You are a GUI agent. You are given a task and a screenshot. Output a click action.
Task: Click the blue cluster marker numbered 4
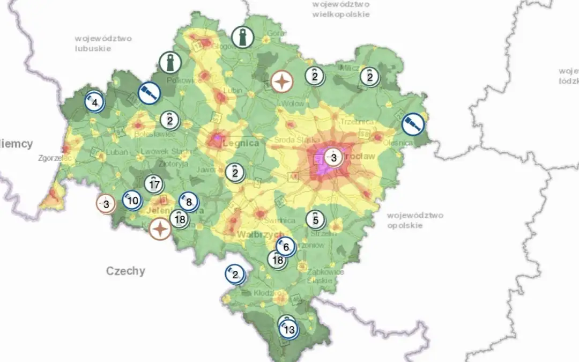point(94,102)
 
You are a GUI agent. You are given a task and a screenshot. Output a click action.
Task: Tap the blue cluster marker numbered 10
point(132,201)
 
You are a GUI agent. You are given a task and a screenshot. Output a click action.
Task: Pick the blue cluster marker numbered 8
point(188,202)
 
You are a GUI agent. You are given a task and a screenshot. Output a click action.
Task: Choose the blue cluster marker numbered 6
point(286,247)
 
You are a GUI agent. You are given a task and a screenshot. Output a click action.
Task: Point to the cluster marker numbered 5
point(315,219)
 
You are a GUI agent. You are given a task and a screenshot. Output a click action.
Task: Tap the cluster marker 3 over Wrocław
point(333,158)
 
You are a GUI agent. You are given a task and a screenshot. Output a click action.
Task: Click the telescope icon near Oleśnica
point(413,124)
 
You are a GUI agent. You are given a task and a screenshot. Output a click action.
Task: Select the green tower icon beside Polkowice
point(170,62)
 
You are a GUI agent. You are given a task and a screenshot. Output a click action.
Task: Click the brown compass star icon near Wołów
point(282,82)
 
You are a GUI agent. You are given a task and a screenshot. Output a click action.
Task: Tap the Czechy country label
point(125,270)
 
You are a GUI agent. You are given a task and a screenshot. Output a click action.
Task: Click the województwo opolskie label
point(415,220)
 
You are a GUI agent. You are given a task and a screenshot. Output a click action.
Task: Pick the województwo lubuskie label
point(103,43)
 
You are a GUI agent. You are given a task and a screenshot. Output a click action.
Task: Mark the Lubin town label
point(233,90)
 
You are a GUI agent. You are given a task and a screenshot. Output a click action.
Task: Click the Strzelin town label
point(324,233)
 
